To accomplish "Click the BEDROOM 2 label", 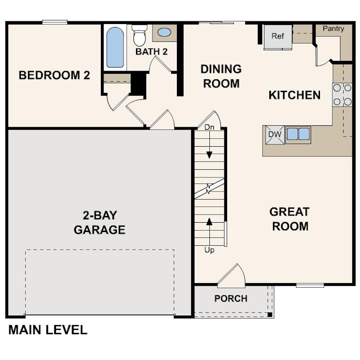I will [x=54, y=75].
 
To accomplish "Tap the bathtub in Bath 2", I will [x=115, y=47].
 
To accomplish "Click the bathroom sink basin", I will [x=164, y=32].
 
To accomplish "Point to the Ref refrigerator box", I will [x=278, y=37].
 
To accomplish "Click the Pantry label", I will [x=333, y=29].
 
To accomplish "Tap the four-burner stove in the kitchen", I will [x=342, y=95].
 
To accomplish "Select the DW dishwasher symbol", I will [x=274, y=135].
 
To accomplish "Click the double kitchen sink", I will [x=298, y=134].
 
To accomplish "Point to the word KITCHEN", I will [x=294, y=95].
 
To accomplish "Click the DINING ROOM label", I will [x=221, y=76].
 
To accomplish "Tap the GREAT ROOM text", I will [x=290, y=219].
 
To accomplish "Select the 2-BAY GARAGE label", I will [x=100, y=223].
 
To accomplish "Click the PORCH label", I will [x=231, y=299].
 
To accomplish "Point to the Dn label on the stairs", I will [x=209, y=128].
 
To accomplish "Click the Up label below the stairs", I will [x=209, y=250].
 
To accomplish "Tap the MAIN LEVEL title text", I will [x=48, y=330].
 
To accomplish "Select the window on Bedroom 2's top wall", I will [x=55, y=22].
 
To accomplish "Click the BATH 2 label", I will [x=152, y=52].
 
